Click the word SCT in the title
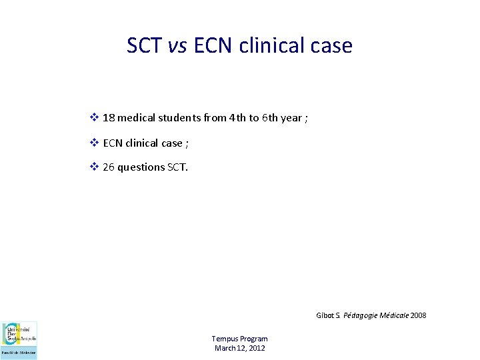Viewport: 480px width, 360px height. [x=145, y=45]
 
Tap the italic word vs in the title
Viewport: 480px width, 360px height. [x=178, y=45]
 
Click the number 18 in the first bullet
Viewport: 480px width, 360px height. [x=109, y=118]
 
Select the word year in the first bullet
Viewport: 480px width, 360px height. [x=291, y=118]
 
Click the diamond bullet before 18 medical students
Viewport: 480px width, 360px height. [x=94, y=118]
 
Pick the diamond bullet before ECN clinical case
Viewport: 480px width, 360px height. [x=94, y=143]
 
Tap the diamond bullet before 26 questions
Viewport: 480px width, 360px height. [x=94, y=167]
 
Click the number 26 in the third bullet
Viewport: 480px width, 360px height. [x=109, y=167]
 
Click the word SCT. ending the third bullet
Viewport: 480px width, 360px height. [x=177, y=167]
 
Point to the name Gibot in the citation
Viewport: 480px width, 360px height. [x=326, y=315]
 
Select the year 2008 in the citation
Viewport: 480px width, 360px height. [x=419, y=315]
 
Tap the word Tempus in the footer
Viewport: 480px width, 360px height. [x=225, y=339]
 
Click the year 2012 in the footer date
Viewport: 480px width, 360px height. [x=257, y=348]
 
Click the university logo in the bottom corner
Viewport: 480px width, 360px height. [x=19, y=340]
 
